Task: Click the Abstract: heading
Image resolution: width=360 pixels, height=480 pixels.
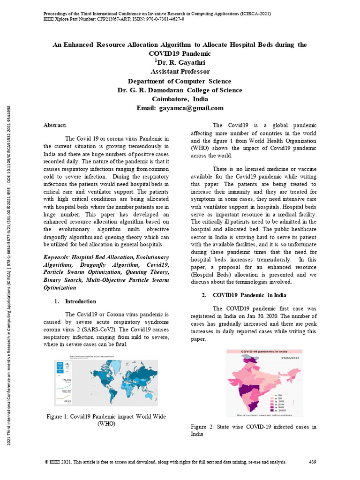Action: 55,125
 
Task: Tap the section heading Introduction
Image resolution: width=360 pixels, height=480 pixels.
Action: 80,301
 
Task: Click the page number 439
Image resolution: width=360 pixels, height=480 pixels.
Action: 313,462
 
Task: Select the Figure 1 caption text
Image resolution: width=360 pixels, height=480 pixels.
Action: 105,420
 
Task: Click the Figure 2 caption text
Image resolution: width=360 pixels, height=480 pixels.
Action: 253,430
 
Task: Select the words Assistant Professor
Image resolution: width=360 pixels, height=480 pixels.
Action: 180,72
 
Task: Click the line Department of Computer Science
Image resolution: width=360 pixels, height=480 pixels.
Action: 180,81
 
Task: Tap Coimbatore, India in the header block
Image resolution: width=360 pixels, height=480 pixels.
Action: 180,99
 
